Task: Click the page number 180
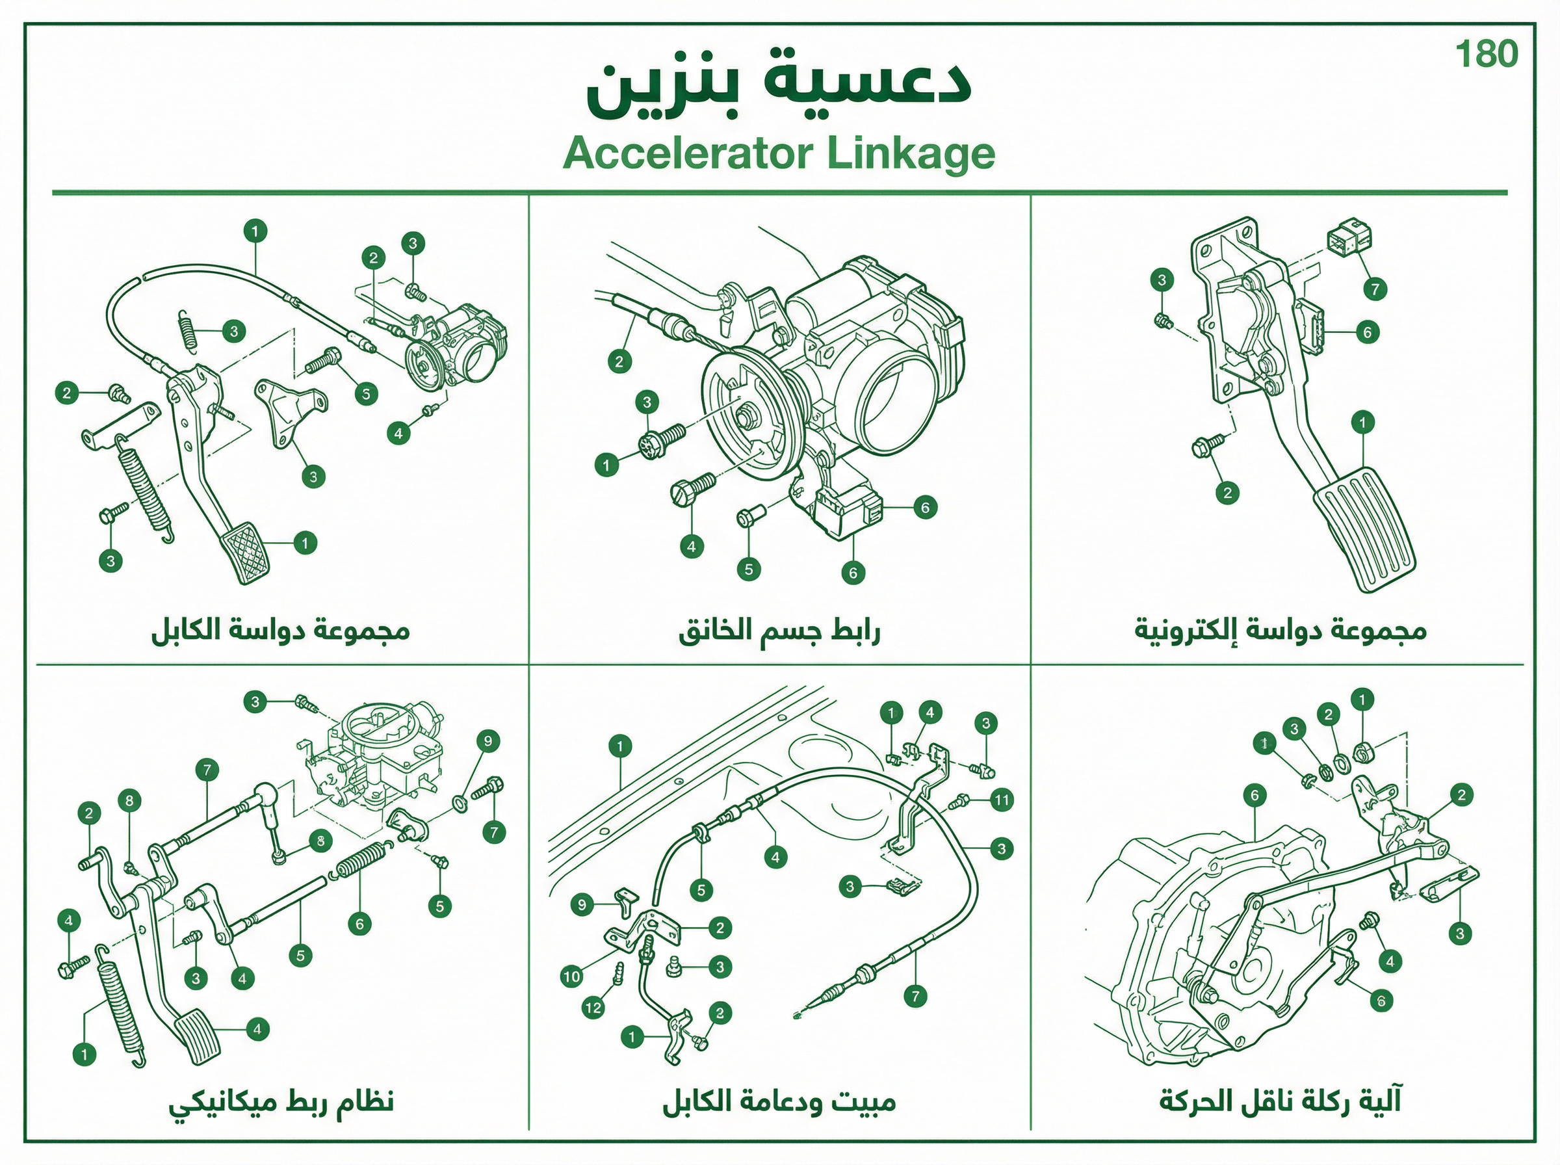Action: click(x=1487, y=55)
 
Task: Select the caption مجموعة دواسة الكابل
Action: click(x=281, y=630)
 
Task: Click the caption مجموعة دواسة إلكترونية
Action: click(x=1280, y=630)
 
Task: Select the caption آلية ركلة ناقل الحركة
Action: click(x=1280, y=1101)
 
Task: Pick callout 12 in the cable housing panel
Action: click(x=593, y=1008)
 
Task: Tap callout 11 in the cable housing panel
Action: click(x=1002, y=800)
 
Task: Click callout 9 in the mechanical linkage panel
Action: click(x=487, y=741)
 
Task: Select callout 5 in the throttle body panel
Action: click(x=749, y=569)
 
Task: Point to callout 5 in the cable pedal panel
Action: click(x=366, y=393)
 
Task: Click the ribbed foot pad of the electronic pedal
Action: click(x=1364, y=530)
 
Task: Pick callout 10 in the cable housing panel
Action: click(x=572, y=976)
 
